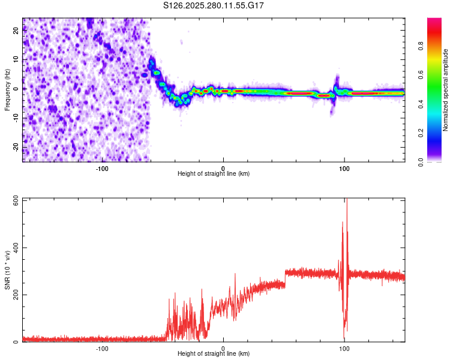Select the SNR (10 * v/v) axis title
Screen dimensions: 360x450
click(7, 270)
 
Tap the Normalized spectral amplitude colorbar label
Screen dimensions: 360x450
click(446, 90)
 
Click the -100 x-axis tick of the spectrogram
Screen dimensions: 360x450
click(102, 168)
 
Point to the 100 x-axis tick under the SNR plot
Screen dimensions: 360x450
click(344, 349)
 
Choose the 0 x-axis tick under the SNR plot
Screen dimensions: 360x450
click(223, 349)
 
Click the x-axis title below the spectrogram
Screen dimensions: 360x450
click(214, 174)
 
